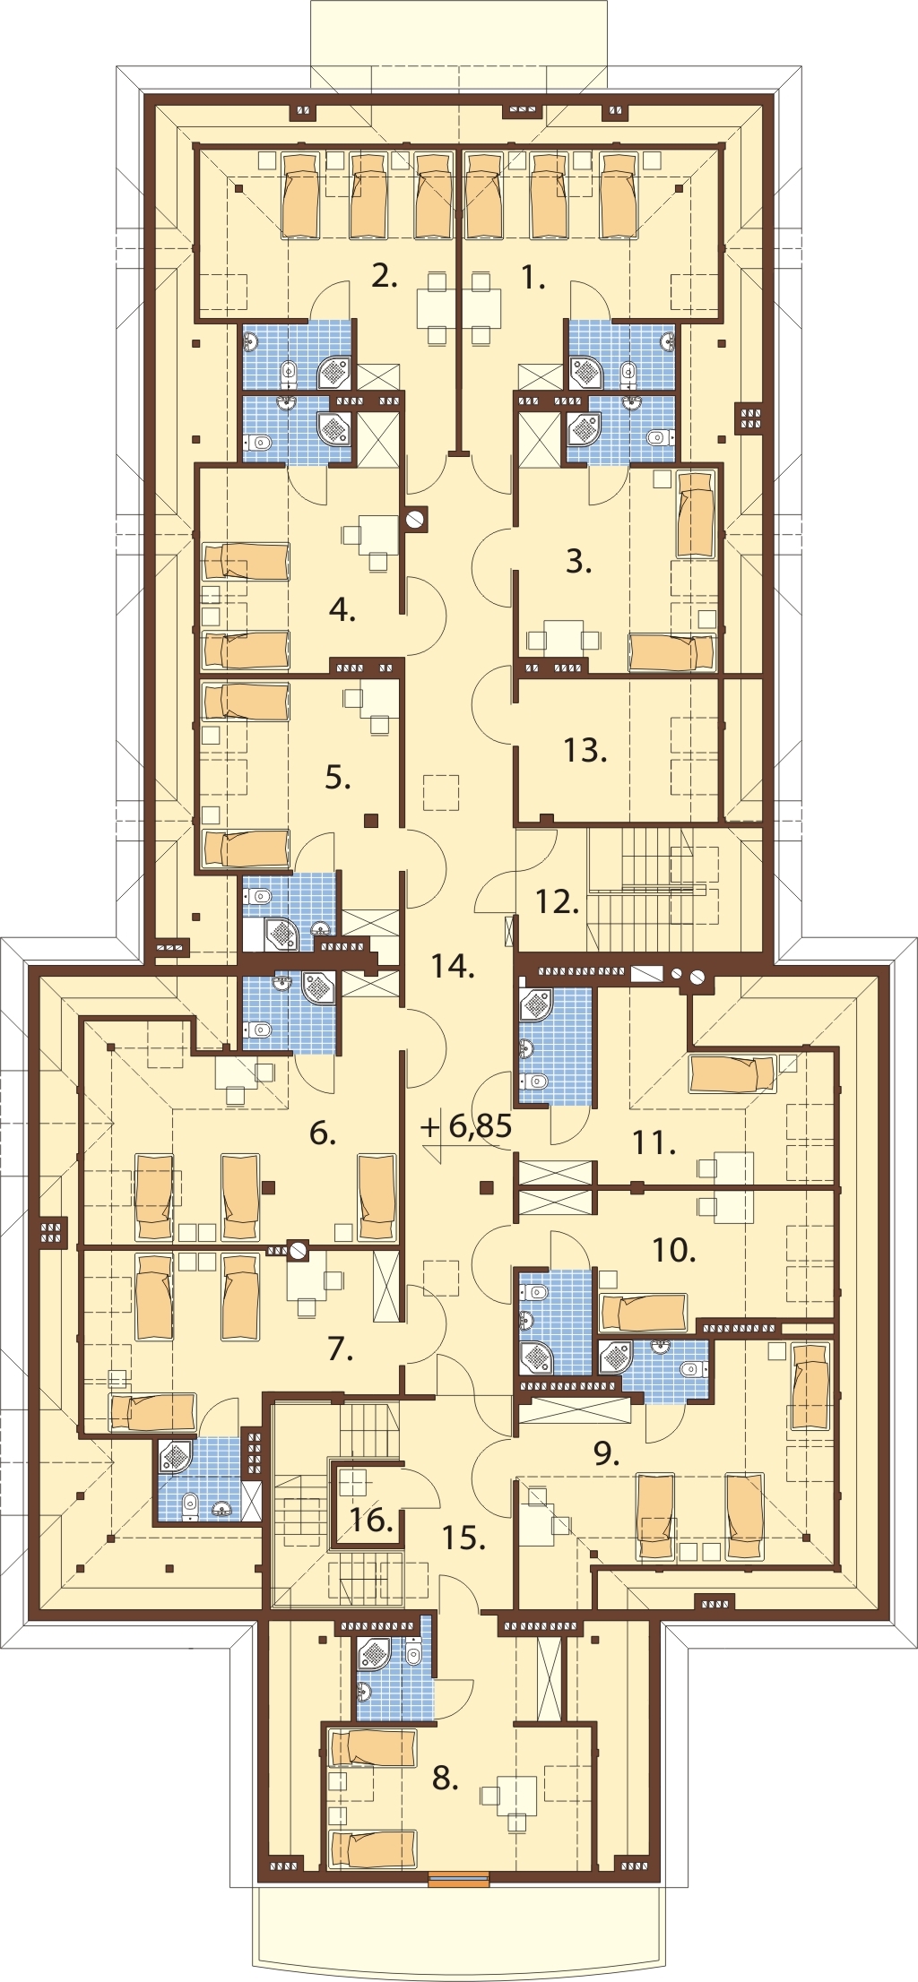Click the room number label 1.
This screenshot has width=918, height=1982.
coord(533,278)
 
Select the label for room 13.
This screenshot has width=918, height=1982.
coord(585,749)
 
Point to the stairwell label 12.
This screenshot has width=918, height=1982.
coord(557,901)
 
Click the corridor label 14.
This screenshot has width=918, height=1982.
coord(452,966)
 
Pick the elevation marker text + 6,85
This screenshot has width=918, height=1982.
coord(467,1125)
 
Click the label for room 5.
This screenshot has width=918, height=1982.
coord(338,777)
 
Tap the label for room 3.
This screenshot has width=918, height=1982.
coord(579,561)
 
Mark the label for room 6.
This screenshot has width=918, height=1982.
coord(323,1133)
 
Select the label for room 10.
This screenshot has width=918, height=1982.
coord(674,1249)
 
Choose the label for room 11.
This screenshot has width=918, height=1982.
coord(654,1142)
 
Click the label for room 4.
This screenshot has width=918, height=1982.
coord(342,610)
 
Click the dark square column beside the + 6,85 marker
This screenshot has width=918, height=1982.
coord(487,1188)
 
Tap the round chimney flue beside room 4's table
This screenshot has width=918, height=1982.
coord(415,519)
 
